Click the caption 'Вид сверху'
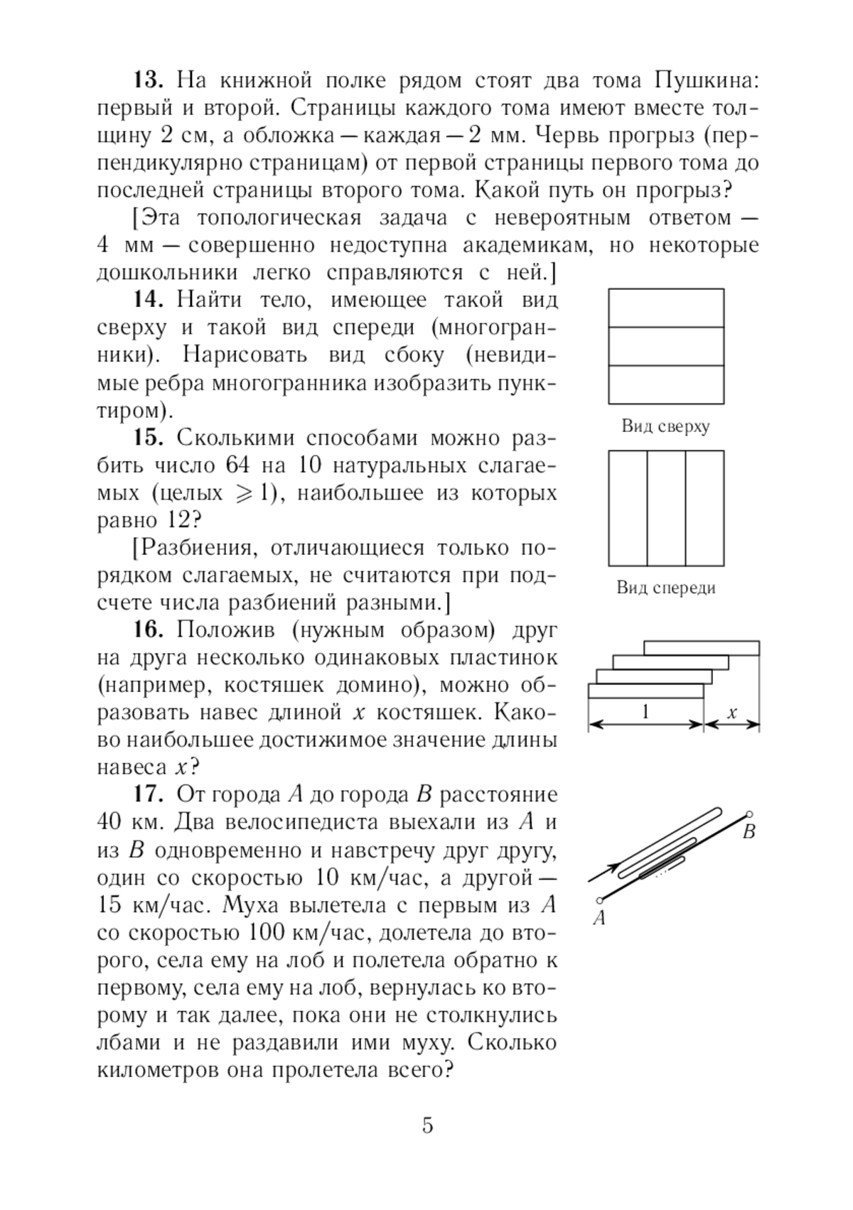666,427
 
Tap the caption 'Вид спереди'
666,588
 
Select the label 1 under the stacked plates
645,712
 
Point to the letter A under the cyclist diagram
599,919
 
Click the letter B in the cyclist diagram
749,831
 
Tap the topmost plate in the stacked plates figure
702,648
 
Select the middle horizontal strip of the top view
666,346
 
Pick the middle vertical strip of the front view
666,507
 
